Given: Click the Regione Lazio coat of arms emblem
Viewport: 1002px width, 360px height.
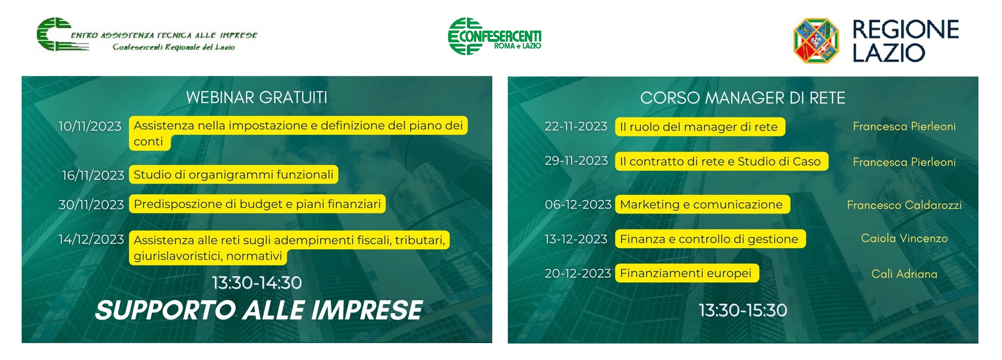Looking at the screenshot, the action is tap(816, 40).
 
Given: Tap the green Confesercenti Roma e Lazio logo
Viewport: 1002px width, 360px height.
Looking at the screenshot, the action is tap(494, 36).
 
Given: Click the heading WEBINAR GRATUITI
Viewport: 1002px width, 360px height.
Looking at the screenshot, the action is tap(257, 97).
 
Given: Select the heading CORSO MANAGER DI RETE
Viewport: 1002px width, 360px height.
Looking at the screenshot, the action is tap(743, 98).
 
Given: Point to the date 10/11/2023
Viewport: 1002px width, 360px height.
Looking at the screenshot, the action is tap(90, 126).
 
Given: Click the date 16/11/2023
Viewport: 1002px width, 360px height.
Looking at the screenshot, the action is tap(93, 175).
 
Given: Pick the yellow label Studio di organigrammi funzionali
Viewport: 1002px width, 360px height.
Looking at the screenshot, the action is tap(233, 175).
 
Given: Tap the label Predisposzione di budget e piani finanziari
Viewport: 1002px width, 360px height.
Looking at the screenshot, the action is tap(257, 204).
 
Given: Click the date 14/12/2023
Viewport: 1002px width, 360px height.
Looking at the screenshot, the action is tap(91, 240).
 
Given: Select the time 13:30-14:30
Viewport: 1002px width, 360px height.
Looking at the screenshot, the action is tap(257, 283).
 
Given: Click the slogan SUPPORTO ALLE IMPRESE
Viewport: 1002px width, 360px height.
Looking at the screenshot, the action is tap(259, 311).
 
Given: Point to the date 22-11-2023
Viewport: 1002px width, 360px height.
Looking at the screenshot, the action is tap(576, 126).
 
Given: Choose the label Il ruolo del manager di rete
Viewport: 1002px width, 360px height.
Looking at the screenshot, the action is tap(700, 127).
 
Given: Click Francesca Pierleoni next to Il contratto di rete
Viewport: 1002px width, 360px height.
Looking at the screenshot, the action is tap(904, 162).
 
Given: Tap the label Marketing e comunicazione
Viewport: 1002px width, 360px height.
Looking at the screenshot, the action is tap(702, 204).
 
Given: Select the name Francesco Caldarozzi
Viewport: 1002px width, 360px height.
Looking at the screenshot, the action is tap(904, 205).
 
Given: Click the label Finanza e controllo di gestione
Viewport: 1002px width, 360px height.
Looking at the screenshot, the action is tap(710, 239).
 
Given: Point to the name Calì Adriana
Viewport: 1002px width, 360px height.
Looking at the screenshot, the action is tap(904, 274).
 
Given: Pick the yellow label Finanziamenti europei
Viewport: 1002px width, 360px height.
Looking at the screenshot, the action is tap(687, 273).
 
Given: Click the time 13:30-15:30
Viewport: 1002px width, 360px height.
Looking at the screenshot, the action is tap(743, 310).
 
